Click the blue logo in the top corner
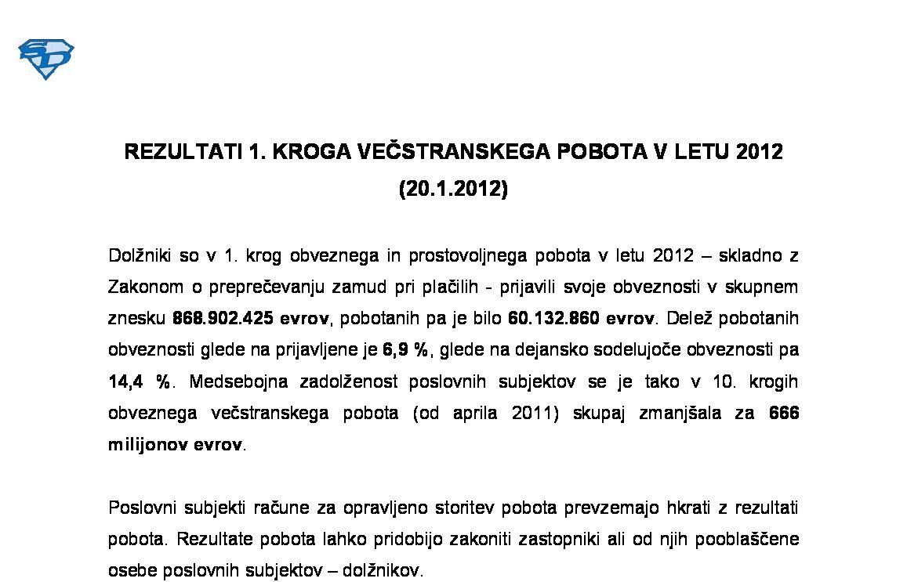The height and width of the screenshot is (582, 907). click(46, 59)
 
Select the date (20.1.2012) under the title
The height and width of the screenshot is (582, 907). click(453, 190)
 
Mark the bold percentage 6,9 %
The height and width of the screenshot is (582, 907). click(405, 351)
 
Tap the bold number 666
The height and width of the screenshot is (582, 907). click(784, 414)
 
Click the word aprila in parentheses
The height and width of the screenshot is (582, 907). click(475, 414)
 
